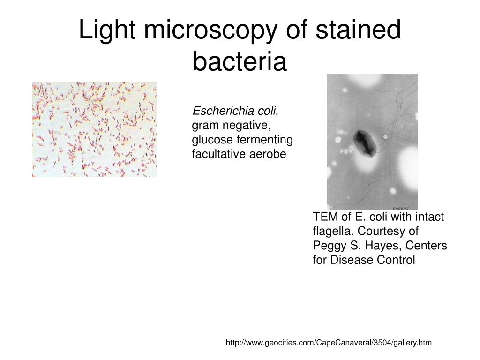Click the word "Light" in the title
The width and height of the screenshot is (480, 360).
pos(107,30)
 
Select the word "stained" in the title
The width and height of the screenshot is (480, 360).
pos(358,30)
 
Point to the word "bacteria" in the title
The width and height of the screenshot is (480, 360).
pos(240,61)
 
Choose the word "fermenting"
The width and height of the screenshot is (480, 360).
pos(265,140)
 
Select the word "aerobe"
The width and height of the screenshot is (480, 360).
pos(268,154)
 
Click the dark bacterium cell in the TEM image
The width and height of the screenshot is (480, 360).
pos(364,143)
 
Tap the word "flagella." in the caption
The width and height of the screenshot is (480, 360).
pos(333,232)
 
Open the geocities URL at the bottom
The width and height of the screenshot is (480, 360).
pos(329,343)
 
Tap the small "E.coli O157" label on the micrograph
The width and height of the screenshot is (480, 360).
pos(400,209)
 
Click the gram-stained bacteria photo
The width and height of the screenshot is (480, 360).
pos(95,129)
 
